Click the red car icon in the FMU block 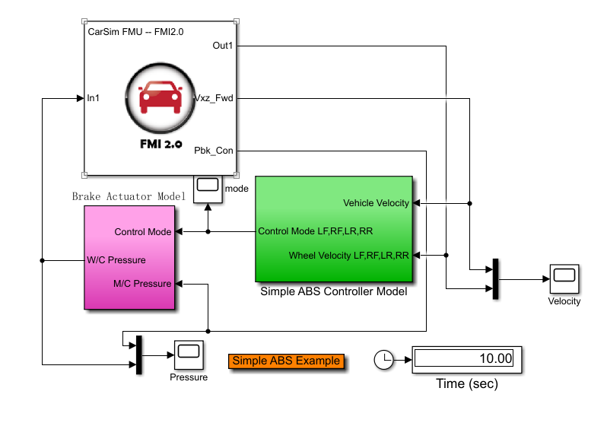[x=159, y=99]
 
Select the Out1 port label [x=223, y=46]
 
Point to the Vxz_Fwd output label [x=214, y=98]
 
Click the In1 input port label [x=94, y=98]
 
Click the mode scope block [x=208, y=189]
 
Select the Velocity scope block [x=564, y=279]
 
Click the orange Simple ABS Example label [x=286, y=361]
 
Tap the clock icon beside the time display [x=385, y=360]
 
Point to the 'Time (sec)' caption [x=466, y=383]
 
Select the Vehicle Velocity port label [x=376, y=203]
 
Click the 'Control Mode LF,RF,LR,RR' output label [x=316, y=231]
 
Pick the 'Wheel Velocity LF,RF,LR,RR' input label [x=349, y=256]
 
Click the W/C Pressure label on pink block [x=116, y=259]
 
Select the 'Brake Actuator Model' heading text [x=129, y=196]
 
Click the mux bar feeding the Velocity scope [x=495, y=279]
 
